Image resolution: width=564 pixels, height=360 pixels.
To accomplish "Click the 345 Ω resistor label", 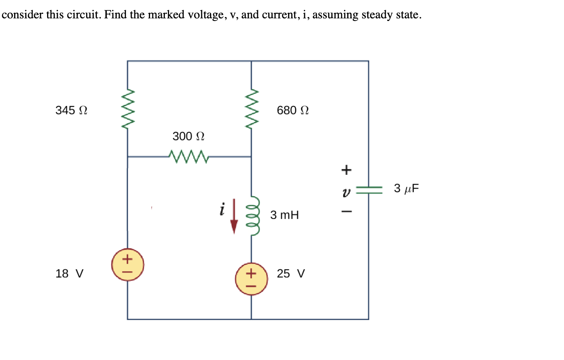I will point(71,110).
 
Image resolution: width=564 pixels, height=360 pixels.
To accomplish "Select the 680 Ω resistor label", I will point(293,110).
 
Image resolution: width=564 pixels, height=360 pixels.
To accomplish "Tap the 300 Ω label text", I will point(188,136).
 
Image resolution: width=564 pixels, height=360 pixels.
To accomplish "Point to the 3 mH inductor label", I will point(284,215).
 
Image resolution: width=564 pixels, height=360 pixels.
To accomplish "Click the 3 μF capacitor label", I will point(406,188).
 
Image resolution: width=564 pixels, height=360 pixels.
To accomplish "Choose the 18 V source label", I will point(69,274).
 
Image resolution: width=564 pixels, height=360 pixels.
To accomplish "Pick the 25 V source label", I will point(291,274).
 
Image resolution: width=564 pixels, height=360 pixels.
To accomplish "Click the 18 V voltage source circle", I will point(127,265).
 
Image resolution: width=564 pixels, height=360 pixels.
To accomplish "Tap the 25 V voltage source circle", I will point(251,279).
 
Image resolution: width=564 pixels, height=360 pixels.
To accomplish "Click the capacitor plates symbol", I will point(369,190).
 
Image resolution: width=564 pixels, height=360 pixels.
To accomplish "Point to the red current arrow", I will point(234,216).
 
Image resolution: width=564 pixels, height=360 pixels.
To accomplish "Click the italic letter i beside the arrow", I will point(222,209).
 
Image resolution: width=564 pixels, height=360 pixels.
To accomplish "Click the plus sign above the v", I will point(346,169).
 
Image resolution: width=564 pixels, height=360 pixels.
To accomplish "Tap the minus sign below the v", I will point(346,211).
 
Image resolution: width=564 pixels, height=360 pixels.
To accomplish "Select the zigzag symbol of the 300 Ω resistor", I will point(188,156).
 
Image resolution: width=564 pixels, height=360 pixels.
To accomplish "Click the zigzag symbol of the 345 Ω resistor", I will point(128,110).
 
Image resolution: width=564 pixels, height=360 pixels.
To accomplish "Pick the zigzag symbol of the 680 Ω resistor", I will point(251,110).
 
